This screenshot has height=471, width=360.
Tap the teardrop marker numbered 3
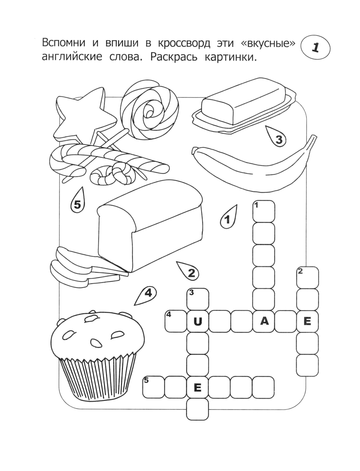pos(276,137)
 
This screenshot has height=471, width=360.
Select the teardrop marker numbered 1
pos(228,217)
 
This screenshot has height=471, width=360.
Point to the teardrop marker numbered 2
pos(189,271)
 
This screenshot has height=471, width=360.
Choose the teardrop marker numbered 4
pos(146,295)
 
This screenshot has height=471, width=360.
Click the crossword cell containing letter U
pos(198,321)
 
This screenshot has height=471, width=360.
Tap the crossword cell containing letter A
pos(264,321)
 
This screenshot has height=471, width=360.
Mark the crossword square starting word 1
pos(264,211)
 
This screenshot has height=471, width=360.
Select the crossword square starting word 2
pos(308,277)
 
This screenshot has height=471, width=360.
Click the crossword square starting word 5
pos(154,387)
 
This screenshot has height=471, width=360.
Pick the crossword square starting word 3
pos(198,299)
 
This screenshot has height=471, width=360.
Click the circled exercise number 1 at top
pos(315,48)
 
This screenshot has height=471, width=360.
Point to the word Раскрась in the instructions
pos(174,57)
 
